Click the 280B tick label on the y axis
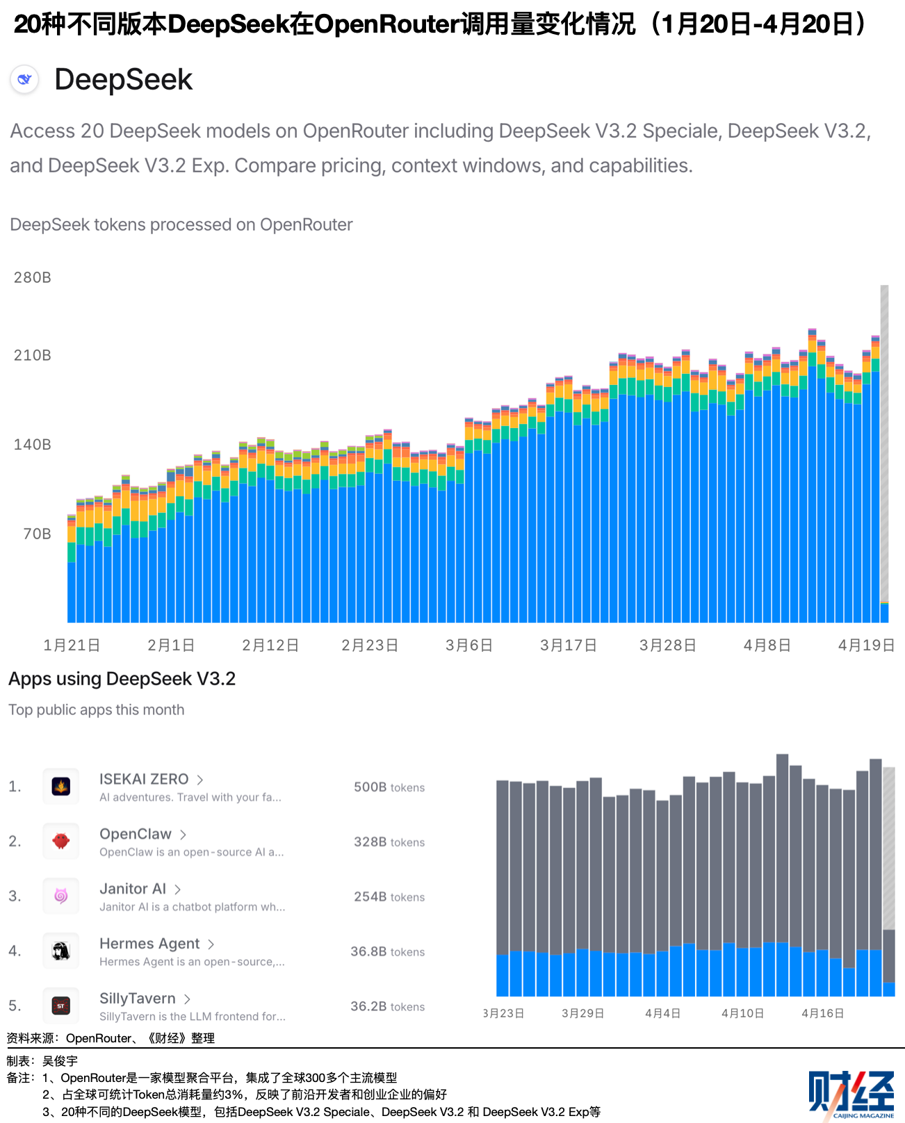(x=33, y=277)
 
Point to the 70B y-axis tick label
(x=37, y=534)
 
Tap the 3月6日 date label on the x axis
(x=469, y=645)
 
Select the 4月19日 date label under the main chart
(x=866, y=645)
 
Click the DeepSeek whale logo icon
(x=25, y=79)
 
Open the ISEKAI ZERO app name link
(x=144, y=779)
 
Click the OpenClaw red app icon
(x=61, y=841)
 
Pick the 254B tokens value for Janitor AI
(x=389, y=896)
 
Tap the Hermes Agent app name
(x=149, y=943)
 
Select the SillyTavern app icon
(x=61, y=1006)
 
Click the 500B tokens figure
(x=389, y=787)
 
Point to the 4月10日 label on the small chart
(x=742, y=1013)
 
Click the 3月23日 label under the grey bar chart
(x=504, y=1013)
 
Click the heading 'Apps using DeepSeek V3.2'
(x=122, y=679)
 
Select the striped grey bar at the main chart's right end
(x=884, y=445)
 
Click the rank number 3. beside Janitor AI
(x=15, y=896)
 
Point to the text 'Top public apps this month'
(x=97, y=710)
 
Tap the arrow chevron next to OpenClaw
(x=184, y=835)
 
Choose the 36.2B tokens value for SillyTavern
(x=387, y=1006)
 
